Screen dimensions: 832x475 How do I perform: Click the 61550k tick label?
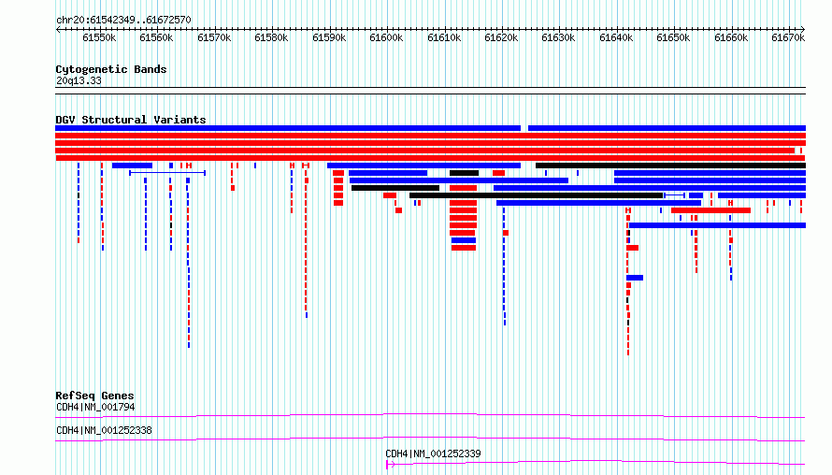pyautogui.click(x=99, y=37)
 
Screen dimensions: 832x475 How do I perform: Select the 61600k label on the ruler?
pyautogui.click(x=386, y=37)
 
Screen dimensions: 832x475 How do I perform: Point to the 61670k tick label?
pyautogui.click(x=788, y=37)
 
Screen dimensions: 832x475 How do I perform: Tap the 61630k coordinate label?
pyautogui.click(x=558, y=37)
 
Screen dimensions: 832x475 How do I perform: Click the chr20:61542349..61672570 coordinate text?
pyautogui.click(x=123, y=21)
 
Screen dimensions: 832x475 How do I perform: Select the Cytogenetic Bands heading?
pyautogui.click(x=111, y=69)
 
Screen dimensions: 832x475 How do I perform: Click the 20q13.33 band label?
pyautogui.click(x=79, y=80)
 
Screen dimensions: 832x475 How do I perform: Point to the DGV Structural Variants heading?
pyautogui.click(x=131, y=120)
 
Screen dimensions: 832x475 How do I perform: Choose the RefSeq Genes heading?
pyautogui.click(x=94, y=396)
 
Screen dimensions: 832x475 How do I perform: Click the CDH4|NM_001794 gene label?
pyautogui.click(x=95, y=407)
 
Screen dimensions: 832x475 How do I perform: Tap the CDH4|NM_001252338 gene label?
pyautogui.click(x=104, y=430)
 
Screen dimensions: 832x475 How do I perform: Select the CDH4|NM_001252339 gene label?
pyautogui.click(x=433, y=453)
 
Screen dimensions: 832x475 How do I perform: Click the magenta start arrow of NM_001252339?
pyautogui.click(x=390, y=465)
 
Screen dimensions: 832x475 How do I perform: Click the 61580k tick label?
pyautogui.click(x=271, y=37)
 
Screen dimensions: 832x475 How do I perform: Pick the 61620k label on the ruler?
pyautogui.click(x=501, y=37)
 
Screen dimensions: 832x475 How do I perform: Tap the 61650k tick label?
pyautogui.click(x=673, y=37)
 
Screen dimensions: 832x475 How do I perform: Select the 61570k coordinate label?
pyautogui.click(x=214, y=37)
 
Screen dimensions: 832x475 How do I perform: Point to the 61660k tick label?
pyautogui.click(x=731, y=37)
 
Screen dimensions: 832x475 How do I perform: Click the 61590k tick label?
pyautogui.click(x=329, y=37)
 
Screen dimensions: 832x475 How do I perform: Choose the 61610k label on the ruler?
pyautogui.click(x=444, y=37)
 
